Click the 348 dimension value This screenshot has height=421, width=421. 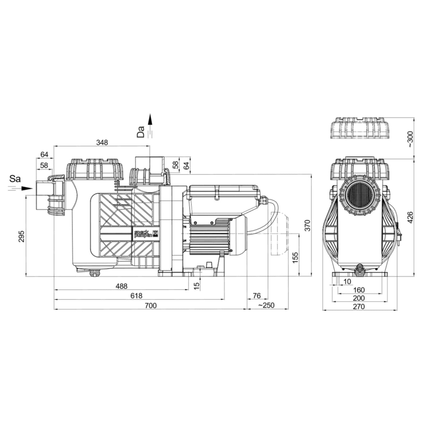102,142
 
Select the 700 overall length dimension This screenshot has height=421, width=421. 151,305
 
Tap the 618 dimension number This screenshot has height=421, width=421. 137,295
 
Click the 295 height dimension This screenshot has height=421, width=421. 22,236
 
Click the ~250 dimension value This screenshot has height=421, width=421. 266,305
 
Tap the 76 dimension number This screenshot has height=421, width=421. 257,295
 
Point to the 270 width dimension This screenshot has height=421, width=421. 359,306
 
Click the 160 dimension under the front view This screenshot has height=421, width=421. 359,290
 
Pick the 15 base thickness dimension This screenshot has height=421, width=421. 196,285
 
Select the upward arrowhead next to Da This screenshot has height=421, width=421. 150,119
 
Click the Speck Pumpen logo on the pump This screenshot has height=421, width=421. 145,233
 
